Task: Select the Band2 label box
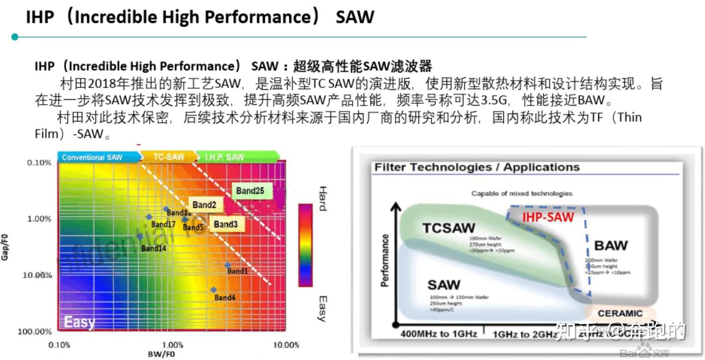[x=205, y=205]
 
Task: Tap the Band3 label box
[x=226, y=224]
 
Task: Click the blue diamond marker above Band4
[x=213, y=289]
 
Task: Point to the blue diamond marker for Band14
[x=140, y=237]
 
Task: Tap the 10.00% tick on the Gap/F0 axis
[x=37, y=275]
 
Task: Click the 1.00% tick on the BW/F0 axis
[x=172, y=345]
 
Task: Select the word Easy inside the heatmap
[x=79, y=322]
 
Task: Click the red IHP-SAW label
[x=548, y=216]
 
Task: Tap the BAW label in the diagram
[x=611, y=245]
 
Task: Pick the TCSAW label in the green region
[x=448, y=228]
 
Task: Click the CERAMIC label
[x=620, y=313]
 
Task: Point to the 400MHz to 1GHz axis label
[x=439, y=334]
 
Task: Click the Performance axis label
[x=385, y=260]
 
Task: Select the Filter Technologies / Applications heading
[x=477, y=168]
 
